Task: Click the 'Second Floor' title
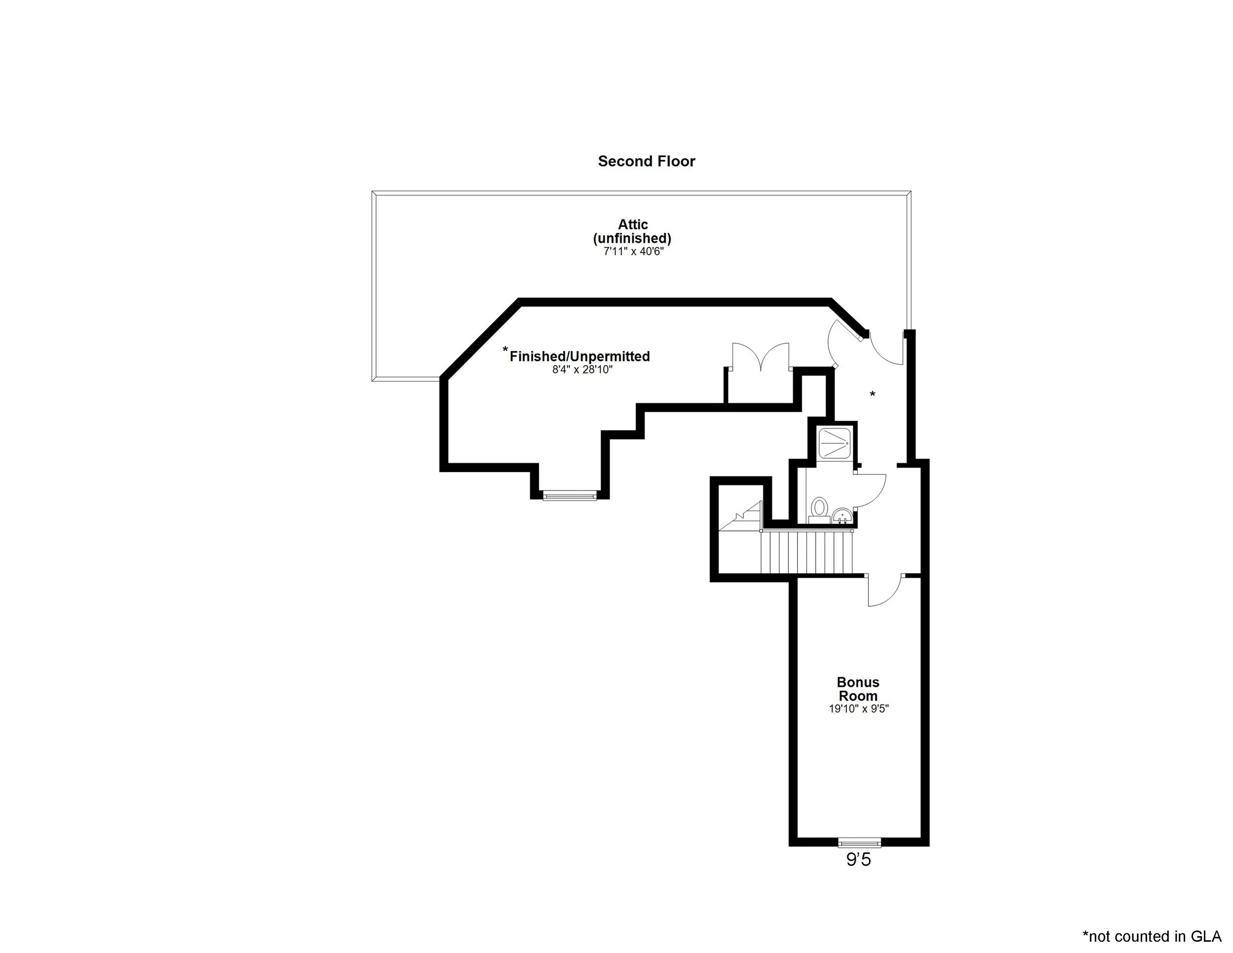click(x=647, y=161)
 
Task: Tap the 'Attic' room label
click(x=632, y=225)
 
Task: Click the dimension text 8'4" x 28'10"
click(x=582, y=370)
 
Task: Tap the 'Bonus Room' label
click(x=858, y=689)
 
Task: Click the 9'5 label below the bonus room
click(x=858, y=860)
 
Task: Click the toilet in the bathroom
click(x=819, y=508)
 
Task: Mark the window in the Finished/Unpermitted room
click(x=569, y=496)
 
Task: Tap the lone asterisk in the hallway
click(x=872, y=395)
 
